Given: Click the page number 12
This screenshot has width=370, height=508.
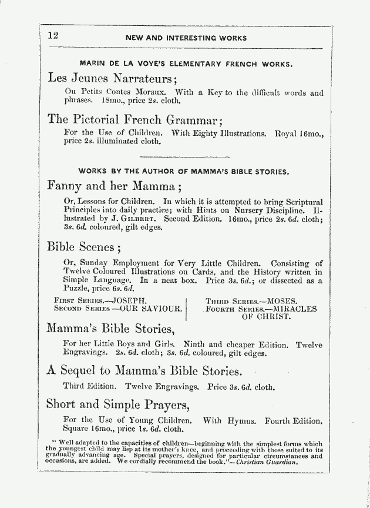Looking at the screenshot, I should click(53, 35).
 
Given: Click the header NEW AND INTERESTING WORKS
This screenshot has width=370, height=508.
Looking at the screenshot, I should click(186, 38).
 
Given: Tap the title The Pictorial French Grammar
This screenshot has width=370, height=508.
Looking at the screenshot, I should click(134, 119).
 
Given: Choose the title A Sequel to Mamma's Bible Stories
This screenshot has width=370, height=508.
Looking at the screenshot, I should click(144, 371).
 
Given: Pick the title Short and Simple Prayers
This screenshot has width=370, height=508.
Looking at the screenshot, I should click(117, 405).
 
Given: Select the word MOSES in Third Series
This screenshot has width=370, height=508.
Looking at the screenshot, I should click(282, 301).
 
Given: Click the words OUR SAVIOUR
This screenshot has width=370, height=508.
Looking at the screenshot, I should click(150, 308).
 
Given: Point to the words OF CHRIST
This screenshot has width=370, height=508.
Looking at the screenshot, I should click(266, 316).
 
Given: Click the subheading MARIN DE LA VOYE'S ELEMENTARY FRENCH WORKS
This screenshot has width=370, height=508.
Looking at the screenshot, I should click(186, 63).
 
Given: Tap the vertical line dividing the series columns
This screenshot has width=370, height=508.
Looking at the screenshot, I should click(186, 309).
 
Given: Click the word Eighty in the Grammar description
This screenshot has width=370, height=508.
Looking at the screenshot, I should click(212, 133).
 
